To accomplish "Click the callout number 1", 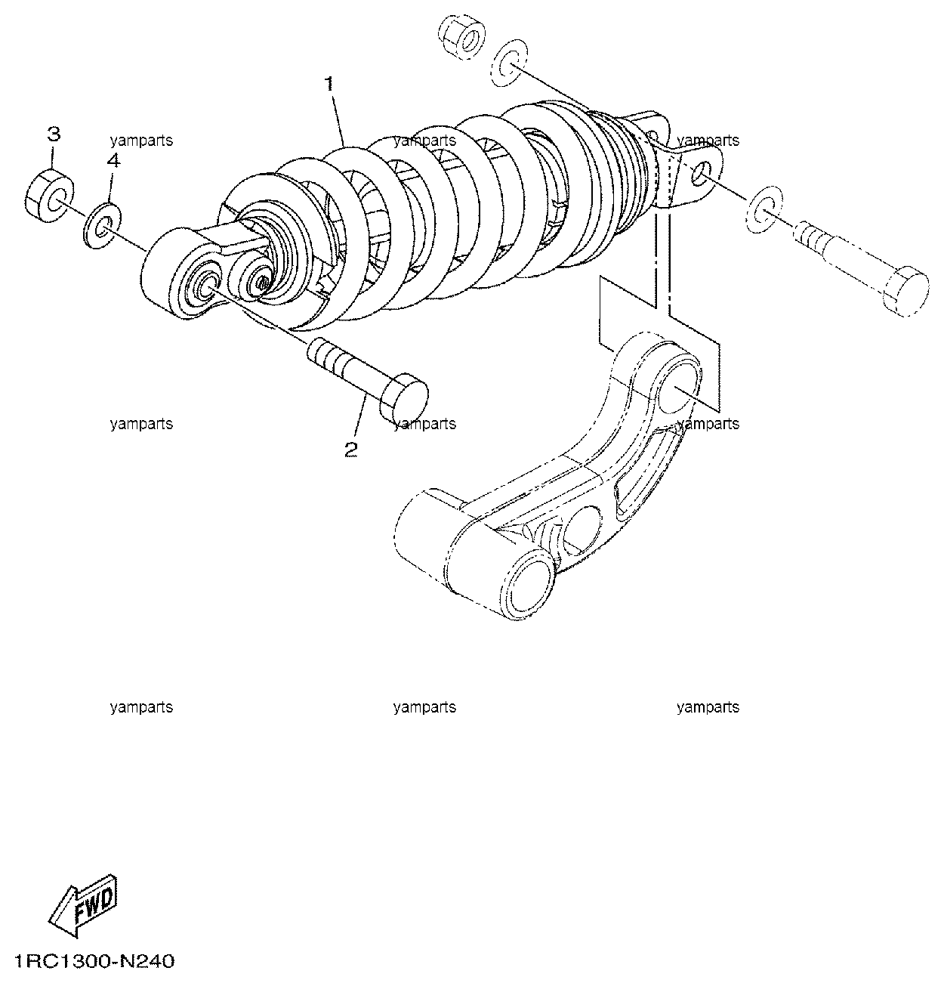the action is coord(329,84).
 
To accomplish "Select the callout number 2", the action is coord(351,449).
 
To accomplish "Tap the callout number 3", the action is coord(54,134).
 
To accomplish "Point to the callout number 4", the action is coord(113,161).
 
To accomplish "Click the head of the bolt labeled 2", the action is coord(404,397).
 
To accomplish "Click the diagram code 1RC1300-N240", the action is coord(94,962).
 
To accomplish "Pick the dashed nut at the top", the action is coord(462,39).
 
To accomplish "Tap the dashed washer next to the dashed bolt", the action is coord(765,209).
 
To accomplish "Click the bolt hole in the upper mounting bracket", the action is coord(699,172).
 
